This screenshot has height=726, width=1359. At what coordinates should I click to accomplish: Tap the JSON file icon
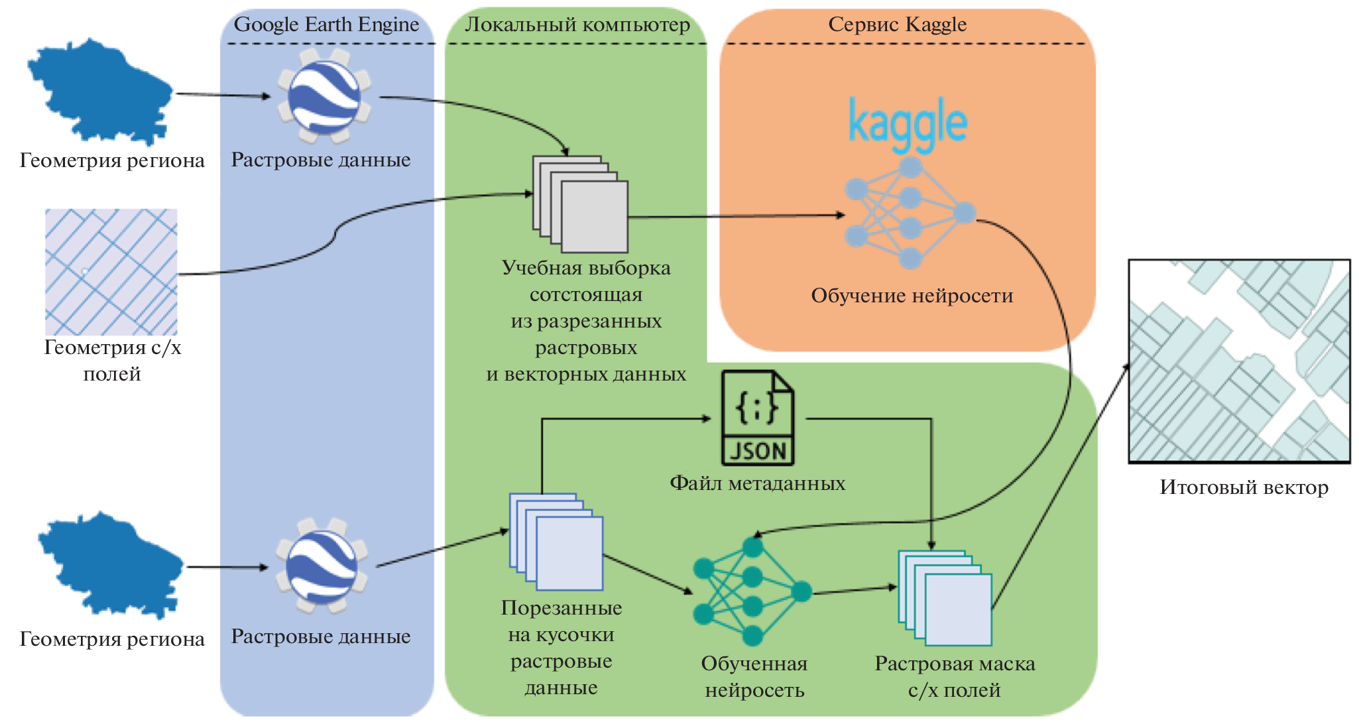[x=758, y=418]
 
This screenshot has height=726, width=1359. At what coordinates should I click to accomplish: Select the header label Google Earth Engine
[x=326, y=25]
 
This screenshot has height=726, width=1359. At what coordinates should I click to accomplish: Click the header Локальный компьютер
[x=577, y=25]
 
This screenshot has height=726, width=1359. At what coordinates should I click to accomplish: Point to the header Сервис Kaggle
[x=897, y=25]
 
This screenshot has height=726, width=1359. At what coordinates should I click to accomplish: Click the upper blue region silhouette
[x=99, y=90]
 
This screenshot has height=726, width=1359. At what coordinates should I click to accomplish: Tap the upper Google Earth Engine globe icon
[x=324, y=96]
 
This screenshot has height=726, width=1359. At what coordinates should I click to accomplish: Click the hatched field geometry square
[x=111, y=272]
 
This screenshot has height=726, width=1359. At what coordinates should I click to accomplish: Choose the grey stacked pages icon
[x=581, y=204]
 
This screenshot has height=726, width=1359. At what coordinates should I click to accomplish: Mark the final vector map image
[x=1239, y=361]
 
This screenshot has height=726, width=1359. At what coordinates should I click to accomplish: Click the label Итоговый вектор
[x=1244, y=487]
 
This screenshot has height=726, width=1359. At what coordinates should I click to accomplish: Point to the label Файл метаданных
[x=757, y=483]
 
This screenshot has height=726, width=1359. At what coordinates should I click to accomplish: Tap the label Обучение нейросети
[x=912, y=296]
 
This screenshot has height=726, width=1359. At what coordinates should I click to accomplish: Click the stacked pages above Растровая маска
[x=945, y=597]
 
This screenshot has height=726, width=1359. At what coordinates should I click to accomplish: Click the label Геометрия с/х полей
[x=112, y=360]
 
